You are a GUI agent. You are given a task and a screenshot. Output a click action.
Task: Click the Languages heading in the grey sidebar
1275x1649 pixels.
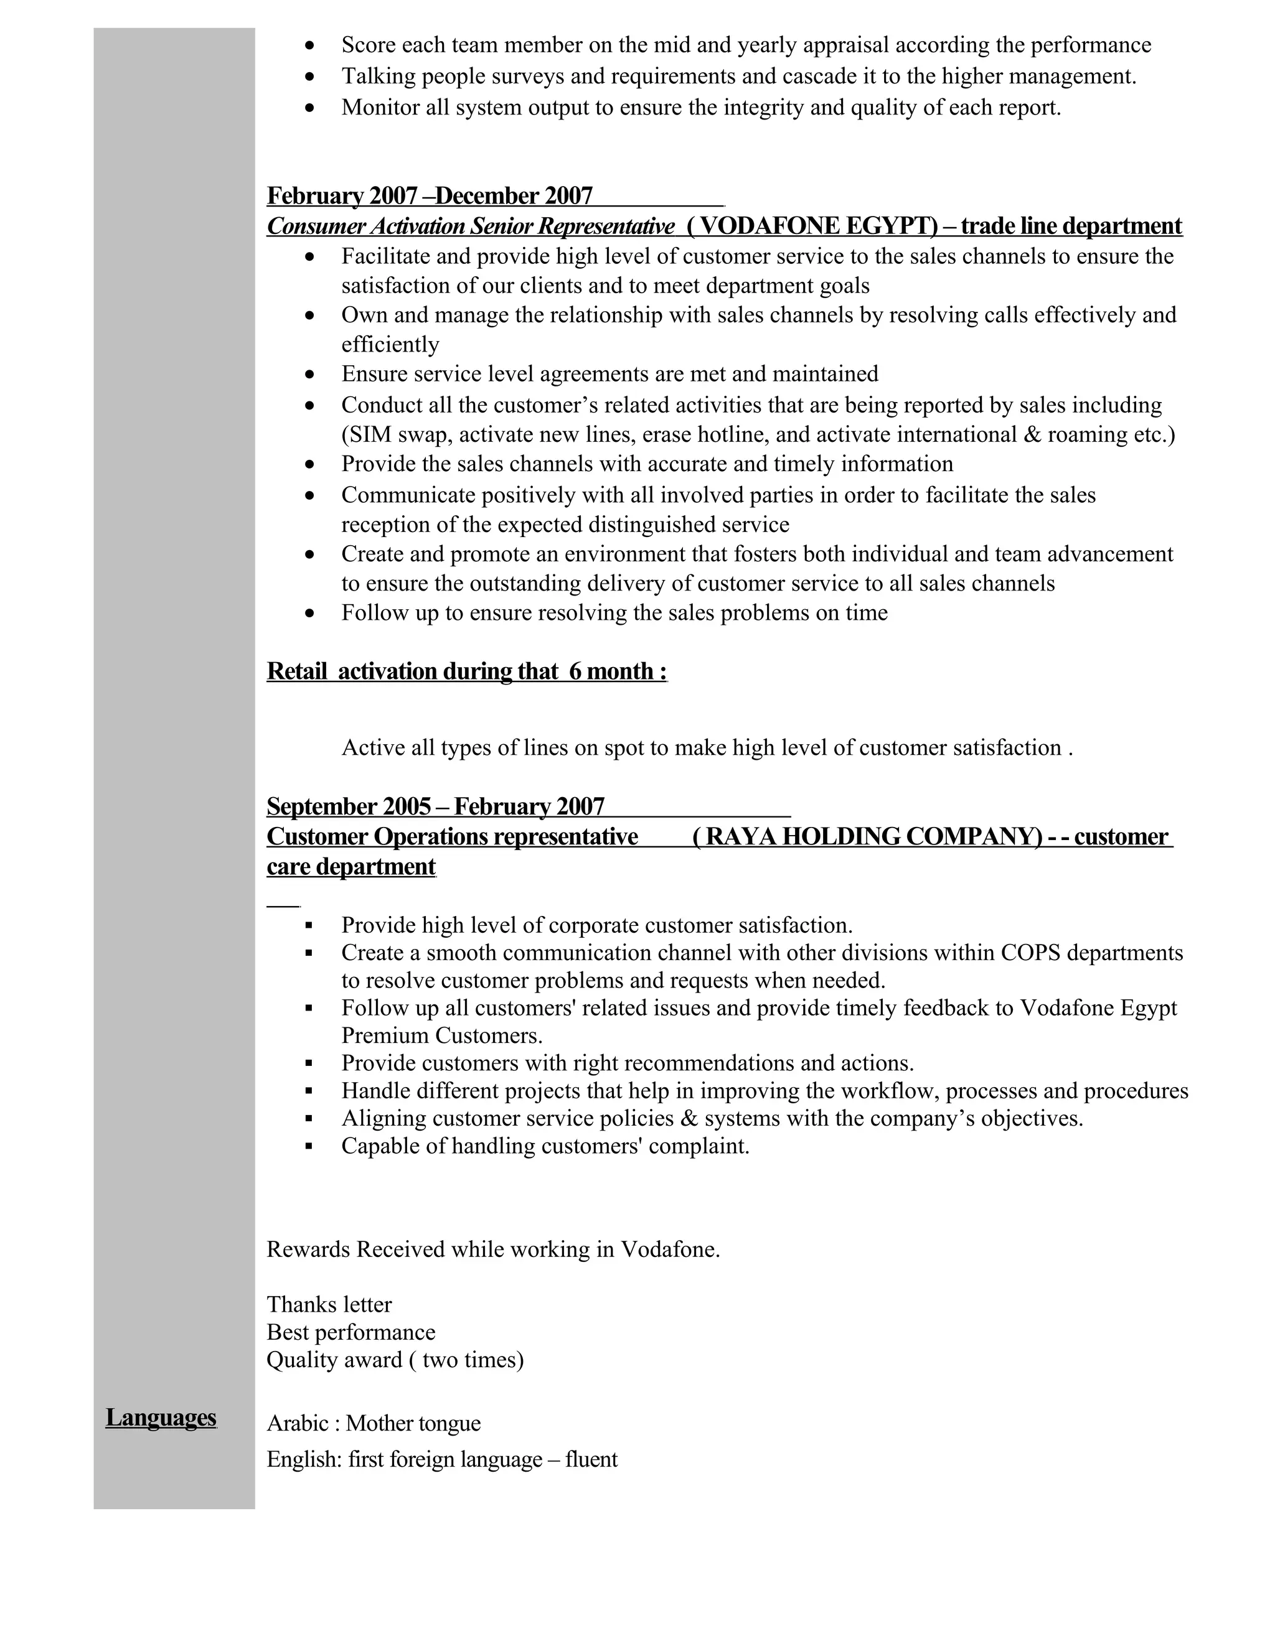click(x=161, y=1417)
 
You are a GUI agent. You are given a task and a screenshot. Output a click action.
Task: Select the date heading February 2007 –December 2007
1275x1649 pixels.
click(x=429, y=195)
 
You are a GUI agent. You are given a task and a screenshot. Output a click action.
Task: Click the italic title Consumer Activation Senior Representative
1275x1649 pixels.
click(x=471, y=226)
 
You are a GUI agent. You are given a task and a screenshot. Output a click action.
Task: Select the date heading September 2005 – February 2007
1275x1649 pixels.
click(x=435, y=806)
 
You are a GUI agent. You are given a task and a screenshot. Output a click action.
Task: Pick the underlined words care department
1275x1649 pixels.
click(x=351, y=866)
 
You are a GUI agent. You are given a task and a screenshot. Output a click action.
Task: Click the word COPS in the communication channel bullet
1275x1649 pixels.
click(x=1030, y=953)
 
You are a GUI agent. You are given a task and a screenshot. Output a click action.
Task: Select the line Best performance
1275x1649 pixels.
click(x=351, y=1332)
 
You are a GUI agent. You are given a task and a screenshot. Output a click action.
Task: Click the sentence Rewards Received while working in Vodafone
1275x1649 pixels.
click(x=492, y=1249)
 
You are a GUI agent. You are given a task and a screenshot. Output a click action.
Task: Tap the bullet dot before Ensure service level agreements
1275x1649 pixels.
click(x=309, y=375)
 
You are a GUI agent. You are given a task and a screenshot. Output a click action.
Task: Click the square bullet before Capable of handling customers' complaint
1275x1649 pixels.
click(x=309, y=1146)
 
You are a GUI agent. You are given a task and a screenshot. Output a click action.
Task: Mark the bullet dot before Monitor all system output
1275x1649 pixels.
click(x=309, y=108)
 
